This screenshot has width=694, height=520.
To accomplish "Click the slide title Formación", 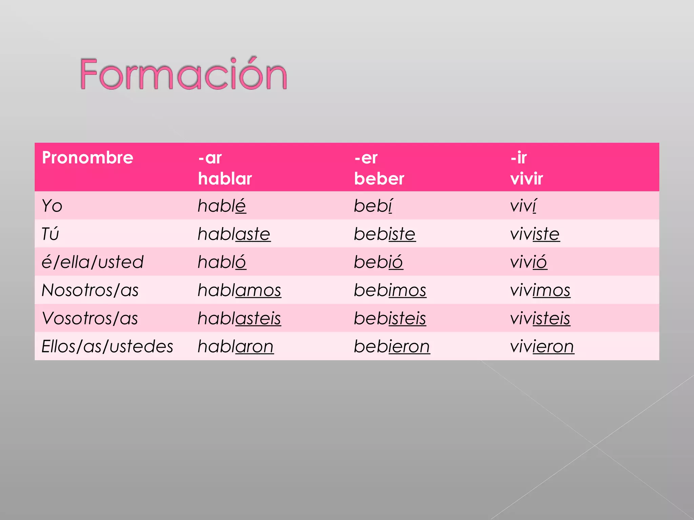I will [183, 74].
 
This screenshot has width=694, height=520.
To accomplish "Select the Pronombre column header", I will [87, 158].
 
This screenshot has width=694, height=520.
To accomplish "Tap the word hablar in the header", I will [225, 178].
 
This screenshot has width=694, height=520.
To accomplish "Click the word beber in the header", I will [379, 178].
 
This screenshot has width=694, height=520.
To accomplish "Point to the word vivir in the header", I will [527, 178].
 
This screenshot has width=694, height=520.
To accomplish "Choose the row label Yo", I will [52, 206].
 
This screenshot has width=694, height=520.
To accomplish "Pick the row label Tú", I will [50, 234].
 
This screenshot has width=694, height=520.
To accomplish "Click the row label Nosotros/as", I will [90, 290].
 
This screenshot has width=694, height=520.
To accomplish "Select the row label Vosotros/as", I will [90, 318].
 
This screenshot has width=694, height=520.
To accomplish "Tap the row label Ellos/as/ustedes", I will [107, 346].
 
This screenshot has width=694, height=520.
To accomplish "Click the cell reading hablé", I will [222, 206].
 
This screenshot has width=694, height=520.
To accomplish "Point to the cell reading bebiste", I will [385, 234].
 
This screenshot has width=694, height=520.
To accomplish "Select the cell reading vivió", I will [529, 262].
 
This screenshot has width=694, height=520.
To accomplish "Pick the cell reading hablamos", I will [239, 290].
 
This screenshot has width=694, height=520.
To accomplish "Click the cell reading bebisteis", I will [390, 318].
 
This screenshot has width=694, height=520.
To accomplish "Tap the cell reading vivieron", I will [542, 346].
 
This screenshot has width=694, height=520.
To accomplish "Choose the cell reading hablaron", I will [236, 346].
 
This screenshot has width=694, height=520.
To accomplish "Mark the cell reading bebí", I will [373, 206].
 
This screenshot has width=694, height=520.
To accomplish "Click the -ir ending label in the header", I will [518, 158].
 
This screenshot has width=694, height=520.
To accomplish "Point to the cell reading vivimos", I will [540, 290].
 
